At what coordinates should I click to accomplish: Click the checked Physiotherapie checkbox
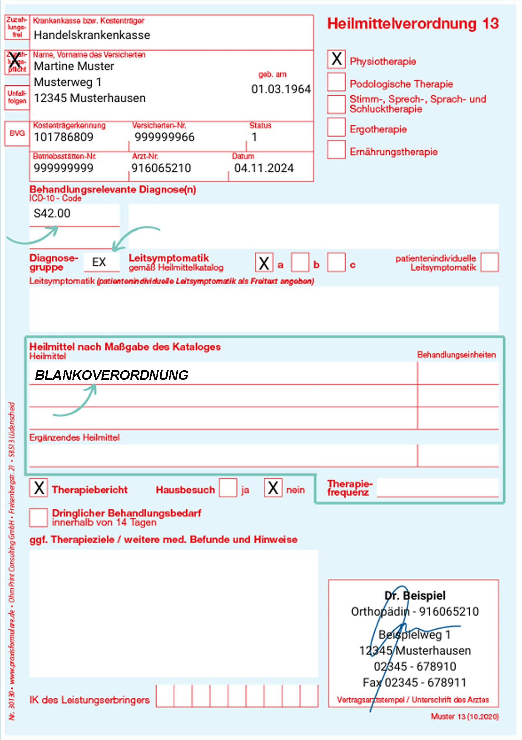(x=336, y=59)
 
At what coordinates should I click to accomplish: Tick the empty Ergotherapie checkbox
(x=336, y=127)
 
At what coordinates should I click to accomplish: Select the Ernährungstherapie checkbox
(x=336, y=149)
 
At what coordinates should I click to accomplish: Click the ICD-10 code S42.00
(x=52, y=213)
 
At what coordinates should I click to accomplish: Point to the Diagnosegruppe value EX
(x=99, y=262)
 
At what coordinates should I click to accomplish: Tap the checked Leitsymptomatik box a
(x=264, y=262)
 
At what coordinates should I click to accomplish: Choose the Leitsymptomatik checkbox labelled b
(x=300, y=262)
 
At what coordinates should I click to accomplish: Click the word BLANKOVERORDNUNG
(x=112, y=375)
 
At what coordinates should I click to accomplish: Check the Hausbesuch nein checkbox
(x=273, y=488)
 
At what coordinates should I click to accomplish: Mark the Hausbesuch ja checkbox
(x=228, y=488)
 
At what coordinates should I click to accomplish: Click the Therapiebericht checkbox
(x=39, y=488)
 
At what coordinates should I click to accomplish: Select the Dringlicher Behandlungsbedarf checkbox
(x=39, y=518)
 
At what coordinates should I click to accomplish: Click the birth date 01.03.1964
(x=281, y=89)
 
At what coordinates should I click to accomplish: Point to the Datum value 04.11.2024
(x=264, y=168)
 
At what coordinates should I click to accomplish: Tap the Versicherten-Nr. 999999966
(x=165, y=137)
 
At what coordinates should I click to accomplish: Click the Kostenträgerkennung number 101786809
(x=64, y=137)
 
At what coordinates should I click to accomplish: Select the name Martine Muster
(x=74, y=67)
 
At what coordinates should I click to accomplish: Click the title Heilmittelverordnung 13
(x=413, y=24)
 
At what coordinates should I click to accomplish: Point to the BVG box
(x=17, y=133)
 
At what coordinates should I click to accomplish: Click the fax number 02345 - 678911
(x=425, y=682)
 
